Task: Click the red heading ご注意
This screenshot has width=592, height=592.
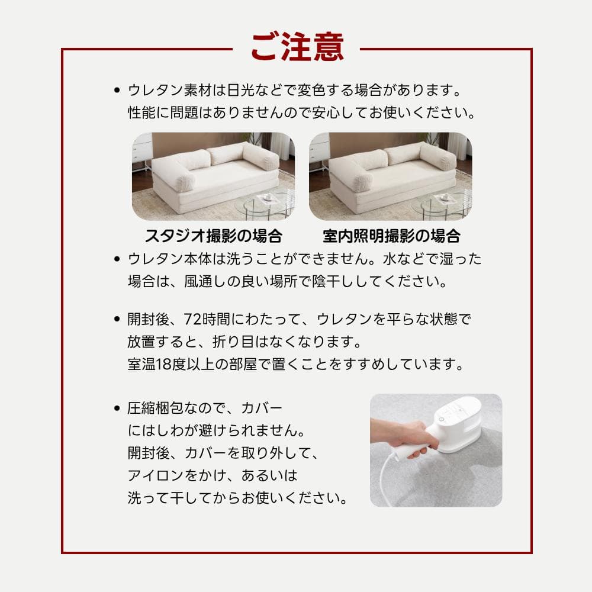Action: (297, 47)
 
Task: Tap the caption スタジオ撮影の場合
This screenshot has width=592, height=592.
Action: (213, 236)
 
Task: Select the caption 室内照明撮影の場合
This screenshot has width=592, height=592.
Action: (391, 236)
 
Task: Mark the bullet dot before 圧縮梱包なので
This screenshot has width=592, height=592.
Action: (117, 408)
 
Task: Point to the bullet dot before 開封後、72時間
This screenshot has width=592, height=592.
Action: (117, 320)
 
